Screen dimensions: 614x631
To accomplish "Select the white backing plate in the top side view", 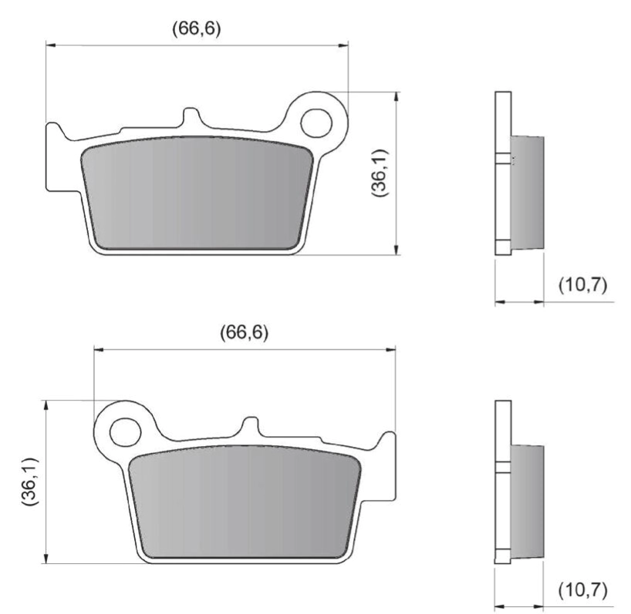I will (x=502, y=173).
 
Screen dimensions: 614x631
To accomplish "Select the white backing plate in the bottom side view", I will (x=502, y=481).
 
